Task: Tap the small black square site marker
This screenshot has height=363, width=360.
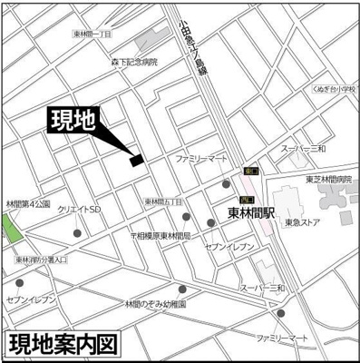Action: point(136,161)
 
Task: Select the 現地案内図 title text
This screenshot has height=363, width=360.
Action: point(63,345)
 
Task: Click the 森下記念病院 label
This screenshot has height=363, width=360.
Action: point(134,63)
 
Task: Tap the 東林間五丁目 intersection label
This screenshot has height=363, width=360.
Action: point(162,201)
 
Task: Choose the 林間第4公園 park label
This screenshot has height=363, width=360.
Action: point(26,204)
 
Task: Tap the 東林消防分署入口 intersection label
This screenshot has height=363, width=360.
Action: point(41,260)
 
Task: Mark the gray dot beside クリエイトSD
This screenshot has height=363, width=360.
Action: point(76,233)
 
